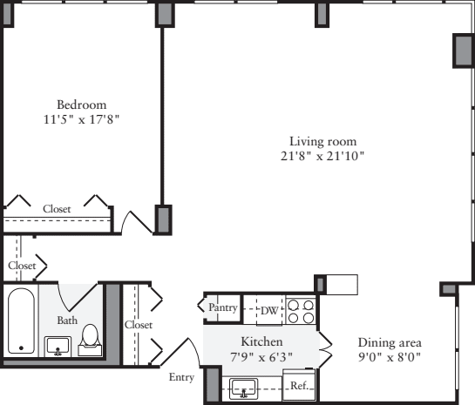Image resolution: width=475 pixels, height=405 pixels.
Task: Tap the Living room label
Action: (x=323, y=141)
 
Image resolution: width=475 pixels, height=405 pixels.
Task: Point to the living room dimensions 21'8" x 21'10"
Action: (x=323, y=157)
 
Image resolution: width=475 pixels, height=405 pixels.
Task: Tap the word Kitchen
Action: (x=259, y=341)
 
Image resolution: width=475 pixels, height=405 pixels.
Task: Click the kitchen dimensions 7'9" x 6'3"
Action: (x=259, y=356)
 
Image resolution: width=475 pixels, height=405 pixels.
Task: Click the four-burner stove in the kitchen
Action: (x=301, y=310)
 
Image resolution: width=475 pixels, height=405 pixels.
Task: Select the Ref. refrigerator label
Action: (x=299, y=384)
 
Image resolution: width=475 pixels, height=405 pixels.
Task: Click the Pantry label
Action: (x=223, y=307)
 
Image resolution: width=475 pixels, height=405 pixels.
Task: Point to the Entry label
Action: (x=182, y=377)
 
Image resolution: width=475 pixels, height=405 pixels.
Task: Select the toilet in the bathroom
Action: (x=90, y=338)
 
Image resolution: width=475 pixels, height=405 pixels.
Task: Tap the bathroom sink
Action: (x=58, y=347)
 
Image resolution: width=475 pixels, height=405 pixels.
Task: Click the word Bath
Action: (x=67, y=321)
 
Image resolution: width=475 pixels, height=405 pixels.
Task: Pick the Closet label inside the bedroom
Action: (x=57, y=209)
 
